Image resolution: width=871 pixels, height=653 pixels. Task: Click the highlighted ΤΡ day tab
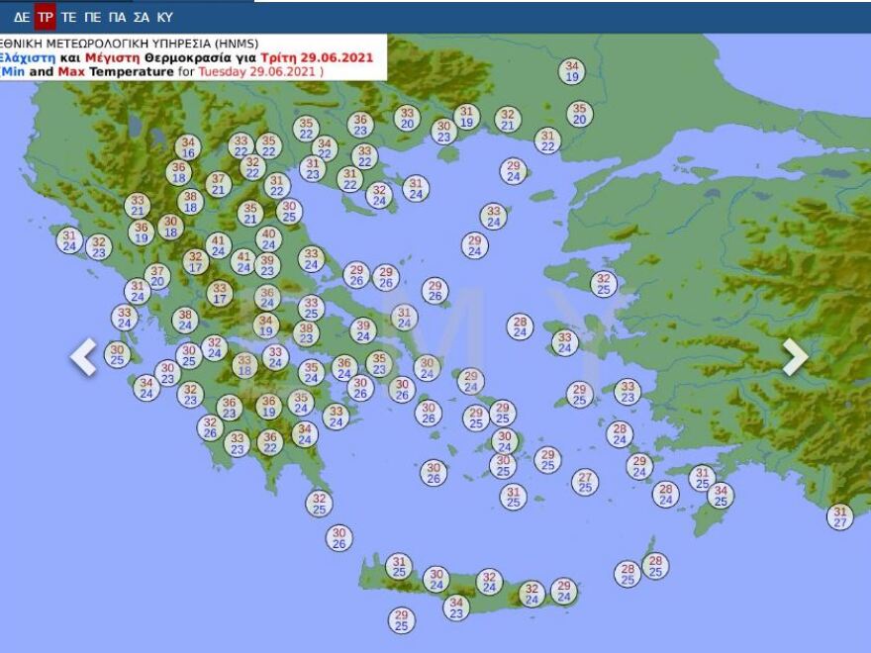point(45,17)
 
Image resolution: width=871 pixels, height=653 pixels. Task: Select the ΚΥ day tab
point(164,17)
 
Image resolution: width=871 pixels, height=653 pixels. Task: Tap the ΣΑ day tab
point(141,17)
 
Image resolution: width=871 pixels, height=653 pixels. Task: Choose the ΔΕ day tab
point(21,17)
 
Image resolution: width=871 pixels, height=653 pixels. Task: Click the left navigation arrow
point(84,357)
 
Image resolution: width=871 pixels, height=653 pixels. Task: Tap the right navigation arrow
point(795,357)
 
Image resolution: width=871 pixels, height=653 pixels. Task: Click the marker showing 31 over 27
point(839,516)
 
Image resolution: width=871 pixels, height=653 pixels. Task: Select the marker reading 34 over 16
point(188,147)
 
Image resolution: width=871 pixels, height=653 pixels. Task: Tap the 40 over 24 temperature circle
point(268,238)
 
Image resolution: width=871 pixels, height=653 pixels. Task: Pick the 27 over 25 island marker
point(585,482)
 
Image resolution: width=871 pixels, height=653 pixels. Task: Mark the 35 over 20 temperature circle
point(579,114)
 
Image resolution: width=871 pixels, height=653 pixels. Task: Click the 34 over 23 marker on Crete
point(455,606)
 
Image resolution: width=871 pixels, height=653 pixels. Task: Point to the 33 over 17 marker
point(220,293)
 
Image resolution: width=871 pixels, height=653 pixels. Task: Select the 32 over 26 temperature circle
point(209,427)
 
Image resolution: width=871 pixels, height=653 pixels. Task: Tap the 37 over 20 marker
point(157,276)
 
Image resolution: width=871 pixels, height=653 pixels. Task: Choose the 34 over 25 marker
point(720,495)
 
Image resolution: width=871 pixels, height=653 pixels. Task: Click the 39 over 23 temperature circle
point(266,265)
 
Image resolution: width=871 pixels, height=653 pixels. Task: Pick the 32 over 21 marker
point(507,120)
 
